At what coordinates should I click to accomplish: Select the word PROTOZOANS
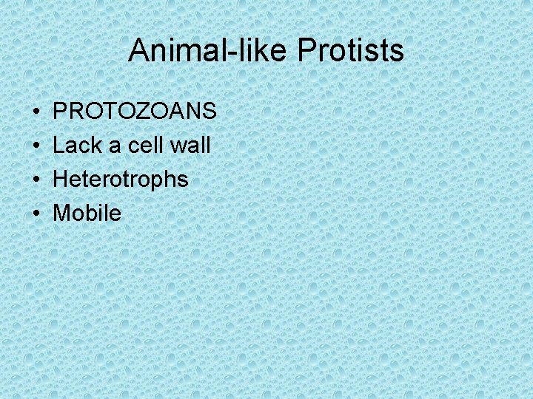pyautogui.click(x=135, y=112)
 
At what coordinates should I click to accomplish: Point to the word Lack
pyautogui.click(x=78, y=146)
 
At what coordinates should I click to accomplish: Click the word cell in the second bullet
pyautogui.click(x=145, y=146)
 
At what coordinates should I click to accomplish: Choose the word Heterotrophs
pyautogui.click(x=121, y=180)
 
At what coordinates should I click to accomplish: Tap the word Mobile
pyautogui.click(x=87, y=214)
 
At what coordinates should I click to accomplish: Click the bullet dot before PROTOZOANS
pyautogui.click(x=37, y=112)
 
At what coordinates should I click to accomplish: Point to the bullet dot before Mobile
pyautogui.click(x=37, y=214)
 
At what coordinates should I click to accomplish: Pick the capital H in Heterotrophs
pyautogui.click(x=61, y=180)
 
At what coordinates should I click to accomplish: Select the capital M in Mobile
pyautogui.click(x=63, y=214)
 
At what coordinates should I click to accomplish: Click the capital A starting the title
pyautogui.click(x=138, y=51)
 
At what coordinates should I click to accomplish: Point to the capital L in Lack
pyautogui.click(x=59, y=146)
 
